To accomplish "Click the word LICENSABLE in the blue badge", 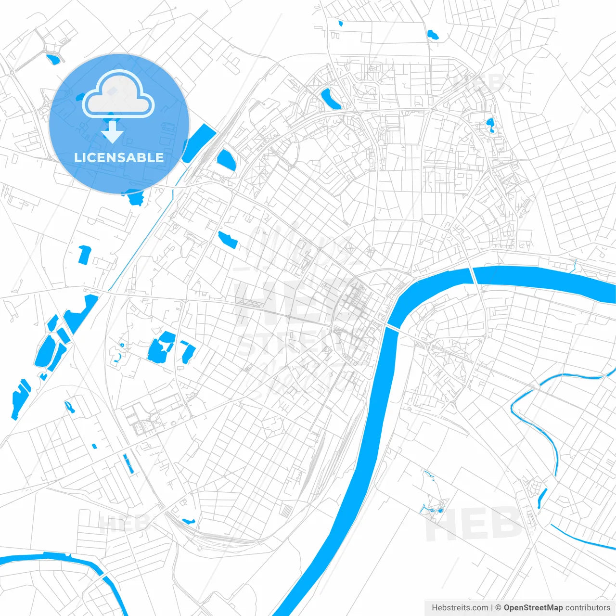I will pos(119,157).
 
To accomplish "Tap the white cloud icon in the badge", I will pos(118,94).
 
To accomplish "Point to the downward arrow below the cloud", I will pos(113,132).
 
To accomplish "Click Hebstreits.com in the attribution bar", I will pos(460,608).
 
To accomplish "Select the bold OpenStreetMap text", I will pos(533,608).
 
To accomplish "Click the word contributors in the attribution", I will pos(587,608).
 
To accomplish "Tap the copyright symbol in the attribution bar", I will pos(499,608).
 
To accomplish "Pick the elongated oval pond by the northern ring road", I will pos(331,99).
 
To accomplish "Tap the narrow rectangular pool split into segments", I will pos(128,463).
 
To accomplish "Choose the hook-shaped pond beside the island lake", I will pos(187,352).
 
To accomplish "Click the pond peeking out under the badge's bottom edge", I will pos(135,197).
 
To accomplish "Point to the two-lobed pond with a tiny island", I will pos(490,125).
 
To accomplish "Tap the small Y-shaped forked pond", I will pos(70,407).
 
